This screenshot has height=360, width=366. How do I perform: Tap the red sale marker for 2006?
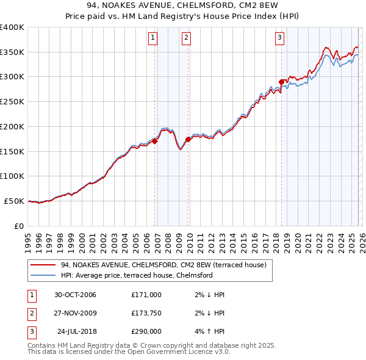click(x=155, y=141)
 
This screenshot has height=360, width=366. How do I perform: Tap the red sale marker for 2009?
click(x=188, y=139)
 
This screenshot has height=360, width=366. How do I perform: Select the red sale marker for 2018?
click(x=281, y=82)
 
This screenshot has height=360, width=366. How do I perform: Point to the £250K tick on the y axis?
click(x=12, y=102)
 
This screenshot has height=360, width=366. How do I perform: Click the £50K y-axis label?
click(x=15, y=201)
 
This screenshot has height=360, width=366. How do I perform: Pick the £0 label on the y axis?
click(x=20, y=226)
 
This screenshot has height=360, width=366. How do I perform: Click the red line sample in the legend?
click(x=43, y=265)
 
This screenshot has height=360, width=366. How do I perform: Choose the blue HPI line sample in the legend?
click(x=43, y=275)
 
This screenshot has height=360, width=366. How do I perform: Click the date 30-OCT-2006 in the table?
click(x=75, y=295)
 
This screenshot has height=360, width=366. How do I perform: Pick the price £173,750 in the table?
click(x=146, y=313)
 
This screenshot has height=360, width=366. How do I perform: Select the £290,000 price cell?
click(x=146, y=332)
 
